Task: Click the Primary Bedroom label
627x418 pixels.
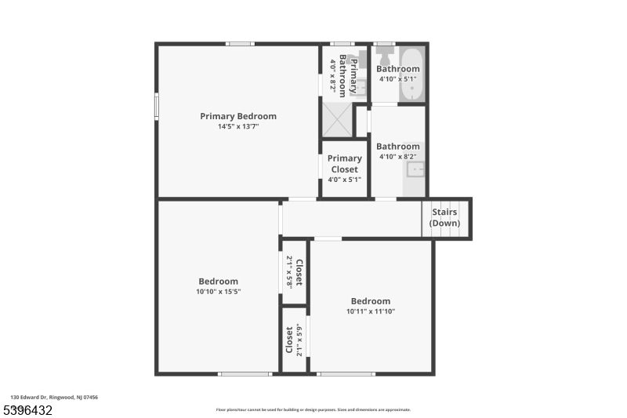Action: [238, 116]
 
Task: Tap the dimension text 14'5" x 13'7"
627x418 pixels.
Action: [238, 126]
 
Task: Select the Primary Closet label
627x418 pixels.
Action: [345, 163]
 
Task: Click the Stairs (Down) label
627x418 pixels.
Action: [445, 217]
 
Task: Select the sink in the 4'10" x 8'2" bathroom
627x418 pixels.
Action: [416, 169]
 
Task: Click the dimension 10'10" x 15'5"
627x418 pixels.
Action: [218, 292]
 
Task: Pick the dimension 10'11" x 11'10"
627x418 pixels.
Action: [371, 311]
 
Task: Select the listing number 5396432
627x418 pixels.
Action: [29, 409]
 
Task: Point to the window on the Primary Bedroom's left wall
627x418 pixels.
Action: [157, 105]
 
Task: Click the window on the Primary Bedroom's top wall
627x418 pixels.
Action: [240, 44]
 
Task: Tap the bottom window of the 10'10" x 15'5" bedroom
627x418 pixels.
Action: [245, 373]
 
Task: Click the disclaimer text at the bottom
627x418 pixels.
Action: [313, 409]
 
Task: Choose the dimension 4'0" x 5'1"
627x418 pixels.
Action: [345, 179]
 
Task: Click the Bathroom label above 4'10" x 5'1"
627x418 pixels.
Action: [398, 69]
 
